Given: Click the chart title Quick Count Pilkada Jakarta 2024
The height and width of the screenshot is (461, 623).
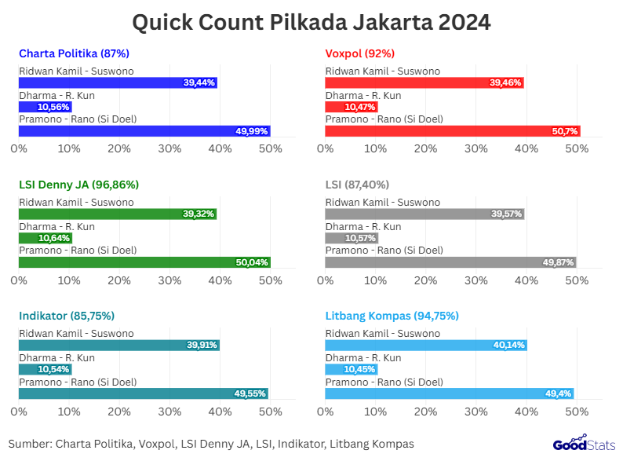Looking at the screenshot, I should (x=311, y=22).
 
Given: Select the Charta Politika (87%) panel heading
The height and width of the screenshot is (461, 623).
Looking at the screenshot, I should (x=74, y=53).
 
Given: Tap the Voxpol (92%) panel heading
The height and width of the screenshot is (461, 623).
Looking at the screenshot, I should (x=359, y=53).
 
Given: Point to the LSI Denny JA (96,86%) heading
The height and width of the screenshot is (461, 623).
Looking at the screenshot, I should (x=78, y=185).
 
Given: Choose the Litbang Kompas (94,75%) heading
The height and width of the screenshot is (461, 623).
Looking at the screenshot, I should (x=392, y=316).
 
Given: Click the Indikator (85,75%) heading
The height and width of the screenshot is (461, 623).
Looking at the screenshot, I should (x=67, y=316).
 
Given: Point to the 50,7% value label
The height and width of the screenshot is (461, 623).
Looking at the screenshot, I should (x=565, y=131).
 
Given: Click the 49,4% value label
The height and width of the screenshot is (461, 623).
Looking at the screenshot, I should (x=559, y=393).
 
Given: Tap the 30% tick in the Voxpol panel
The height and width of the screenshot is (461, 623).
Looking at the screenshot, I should (x=476, y=148).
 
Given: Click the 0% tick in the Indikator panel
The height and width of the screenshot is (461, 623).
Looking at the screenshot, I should (x=19, y=410).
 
